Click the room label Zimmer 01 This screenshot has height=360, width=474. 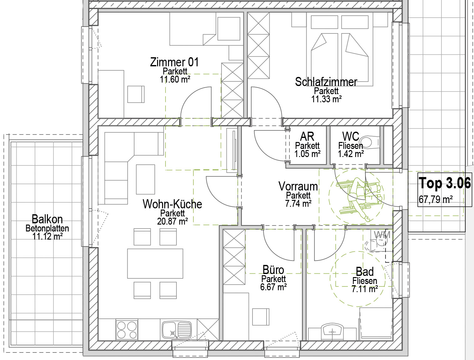pyautogui.click(x=174, y=62)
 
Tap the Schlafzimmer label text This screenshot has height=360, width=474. pyautogui.click(x=326, y=82)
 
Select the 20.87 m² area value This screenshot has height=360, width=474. pyautogui.click(x=172, y=221)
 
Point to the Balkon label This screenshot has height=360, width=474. pyautogui.click(x=47, y=219)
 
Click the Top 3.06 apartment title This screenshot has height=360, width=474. pyautogui.click(x=445, y=183)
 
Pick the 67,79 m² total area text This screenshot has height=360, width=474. pyautogui.click(x=436, y=199)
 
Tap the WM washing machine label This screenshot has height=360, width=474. pyautogui.click(x=382, y=235)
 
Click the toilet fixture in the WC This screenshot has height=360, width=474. pyautogui.click(x=370, y=142)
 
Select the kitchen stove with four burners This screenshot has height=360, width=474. pyautogui.click(x=127, y=330)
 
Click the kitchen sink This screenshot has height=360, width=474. pyautogui.click(x=177, y=330)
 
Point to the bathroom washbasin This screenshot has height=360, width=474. pyautogui.click(x=332, y=332)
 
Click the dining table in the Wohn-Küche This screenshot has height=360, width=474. pyautogui.click(x=155, y=264)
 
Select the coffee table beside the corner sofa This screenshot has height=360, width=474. pyautogui.click(x=145, y=179)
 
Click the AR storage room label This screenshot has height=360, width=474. pyautogui.click(x=307, y=136)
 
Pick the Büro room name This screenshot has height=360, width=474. pyautogui.click(x=273, y=270)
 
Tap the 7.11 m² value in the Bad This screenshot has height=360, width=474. pyautogui.click(x=365, y=289)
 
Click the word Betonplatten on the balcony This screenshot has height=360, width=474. pyautogui.click(x=47, y=228)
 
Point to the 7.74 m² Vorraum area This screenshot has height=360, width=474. pyautogui.click(x=298, y=204)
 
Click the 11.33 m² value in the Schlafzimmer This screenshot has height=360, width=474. pyautogui.click(x=326, y=99)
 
